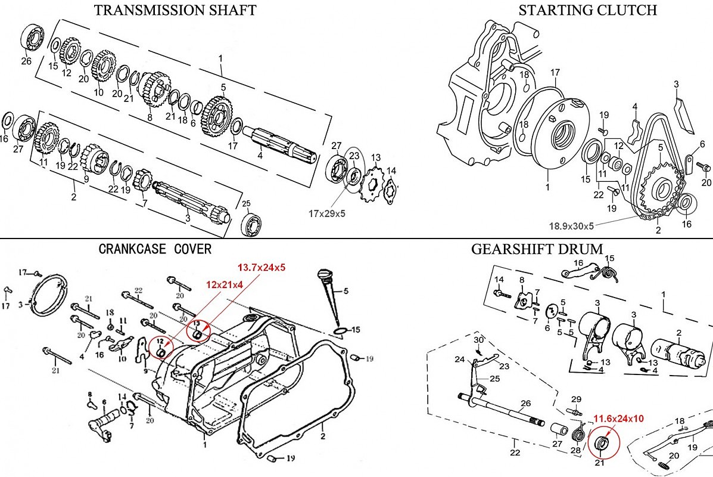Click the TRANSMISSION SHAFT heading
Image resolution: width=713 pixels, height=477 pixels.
[x=175, y=10]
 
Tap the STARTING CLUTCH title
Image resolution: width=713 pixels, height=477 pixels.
[x=587, y=10]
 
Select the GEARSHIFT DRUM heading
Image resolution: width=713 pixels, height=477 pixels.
[x=537, y=249]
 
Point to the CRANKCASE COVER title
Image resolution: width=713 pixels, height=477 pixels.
[x=154, y=249]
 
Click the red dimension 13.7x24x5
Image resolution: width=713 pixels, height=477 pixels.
[x=261, y=268]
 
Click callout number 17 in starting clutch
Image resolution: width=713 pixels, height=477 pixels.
[x=555, y=73]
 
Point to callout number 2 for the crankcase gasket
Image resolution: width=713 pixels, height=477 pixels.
[x=322, y=428]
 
